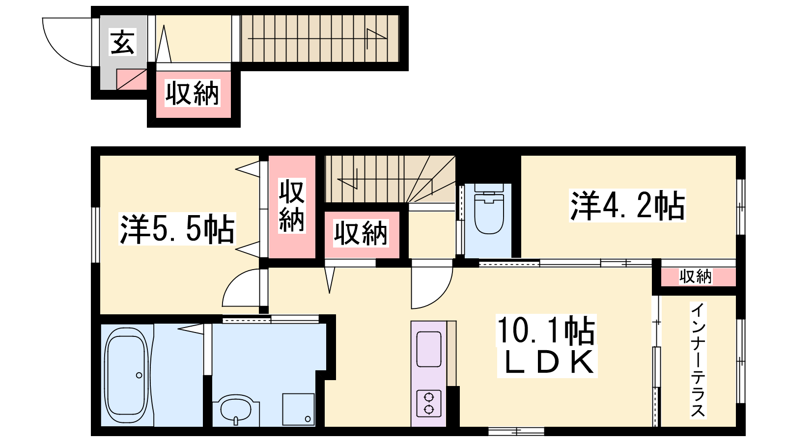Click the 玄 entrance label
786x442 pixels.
pyautogui.click(x=122, y=43)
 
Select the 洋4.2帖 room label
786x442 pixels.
pyautogui.click(x=627, y=206)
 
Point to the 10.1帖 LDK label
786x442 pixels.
pyautogui.click(x=547, y=346)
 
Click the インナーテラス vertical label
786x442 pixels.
pyautogui.click(x=698, y=360)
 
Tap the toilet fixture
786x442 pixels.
pyautogui.click(x=488, y=209)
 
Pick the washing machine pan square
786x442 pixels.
pyautogui.click(x=299, y=409)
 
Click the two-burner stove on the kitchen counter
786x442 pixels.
pyautogui.click(x=429, y=403)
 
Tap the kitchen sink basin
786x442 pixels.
pyautogui.click(x=429, y=349)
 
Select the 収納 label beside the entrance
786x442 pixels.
pyautogui.click(x=193, y=93)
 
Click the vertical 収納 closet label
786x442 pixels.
pyautogui.click(x=292, y=206)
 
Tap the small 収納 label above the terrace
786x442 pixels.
pyautogui.click(x=695, y=276)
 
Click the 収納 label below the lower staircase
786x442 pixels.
pyautogui.click(x=361, y=233)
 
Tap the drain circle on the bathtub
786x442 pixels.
pyautogui.click(x=139, y=375)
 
